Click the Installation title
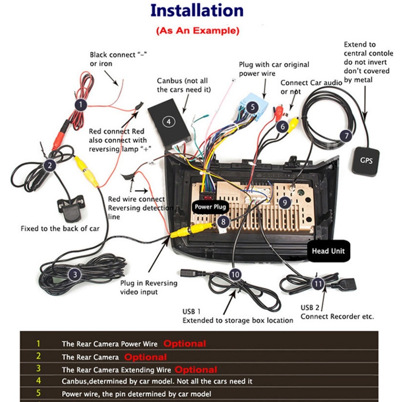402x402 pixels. [197, 11]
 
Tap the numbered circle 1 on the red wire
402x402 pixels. [81, 105]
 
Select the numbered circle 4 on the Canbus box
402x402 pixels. [169, 121]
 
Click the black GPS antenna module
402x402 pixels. [365, 161]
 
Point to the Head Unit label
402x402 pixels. [328, 251]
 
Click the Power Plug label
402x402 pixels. [211, 207]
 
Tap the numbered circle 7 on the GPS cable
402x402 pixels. [346, 136]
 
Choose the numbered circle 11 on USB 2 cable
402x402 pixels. [318, 284]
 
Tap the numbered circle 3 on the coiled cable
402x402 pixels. [75, 275]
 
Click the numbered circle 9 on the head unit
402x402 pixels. [285, 203]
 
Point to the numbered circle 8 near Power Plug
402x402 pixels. [224, 221]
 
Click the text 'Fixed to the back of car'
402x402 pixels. [60, 229]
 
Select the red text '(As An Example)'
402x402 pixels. [197, 31]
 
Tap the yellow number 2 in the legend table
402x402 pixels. [39, 356]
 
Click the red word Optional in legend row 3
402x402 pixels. [196, 369]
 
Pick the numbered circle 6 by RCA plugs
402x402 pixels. [283, 127]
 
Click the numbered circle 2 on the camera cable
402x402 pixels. [50, 164]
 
